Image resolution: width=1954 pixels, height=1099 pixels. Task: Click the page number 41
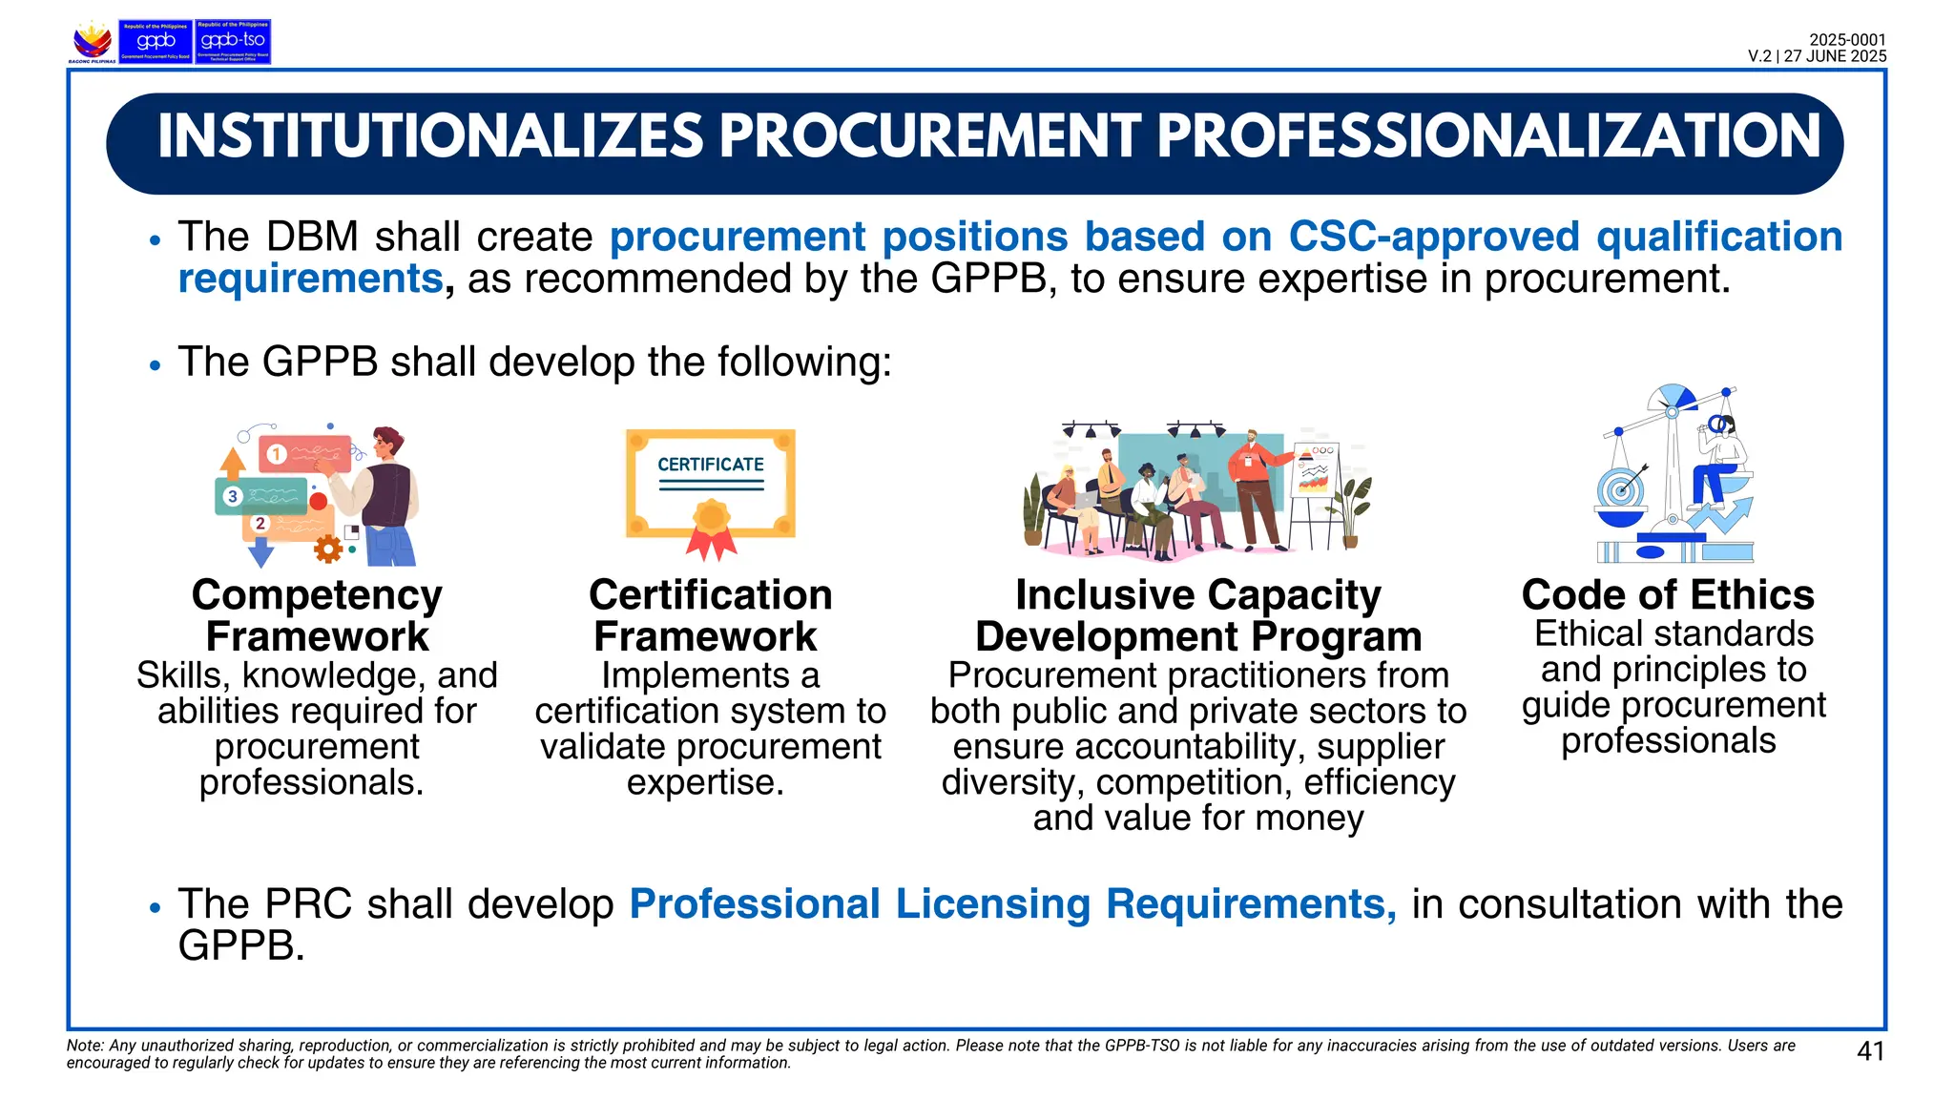tap(1870, 1051)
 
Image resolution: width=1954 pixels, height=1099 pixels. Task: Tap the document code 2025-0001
tap(1847, 40)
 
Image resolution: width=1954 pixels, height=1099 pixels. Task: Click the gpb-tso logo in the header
tap(233, 42)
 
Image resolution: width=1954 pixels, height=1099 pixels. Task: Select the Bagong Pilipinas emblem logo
tap(93, 42)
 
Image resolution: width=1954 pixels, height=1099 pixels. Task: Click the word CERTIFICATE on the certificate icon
tap(711, 465)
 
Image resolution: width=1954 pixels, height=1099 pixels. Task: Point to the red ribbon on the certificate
tap(711, 545)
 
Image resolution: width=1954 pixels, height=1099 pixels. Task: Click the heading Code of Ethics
tap(1668, 595)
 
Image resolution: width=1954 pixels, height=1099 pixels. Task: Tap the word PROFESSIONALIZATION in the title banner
tap(1488, 136)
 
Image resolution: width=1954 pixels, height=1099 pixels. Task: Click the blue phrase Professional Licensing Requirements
tap(1012, 904)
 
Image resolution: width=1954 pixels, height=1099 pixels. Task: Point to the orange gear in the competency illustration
tap(328, 549)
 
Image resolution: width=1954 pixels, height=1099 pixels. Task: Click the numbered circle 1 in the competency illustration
tap(276, 454)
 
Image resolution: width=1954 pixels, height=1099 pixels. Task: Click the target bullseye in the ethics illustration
tap(1620, 491)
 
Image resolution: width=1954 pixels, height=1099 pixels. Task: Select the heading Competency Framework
tap(317, 615)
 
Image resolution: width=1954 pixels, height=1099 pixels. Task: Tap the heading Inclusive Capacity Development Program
tap(1198, 615)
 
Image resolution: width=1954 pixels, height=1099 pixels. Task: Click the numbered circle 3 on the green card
tap(232, 496)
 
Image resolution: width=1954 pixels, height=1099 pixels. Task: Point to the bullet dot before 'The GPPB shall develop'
tap(156, 365)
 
